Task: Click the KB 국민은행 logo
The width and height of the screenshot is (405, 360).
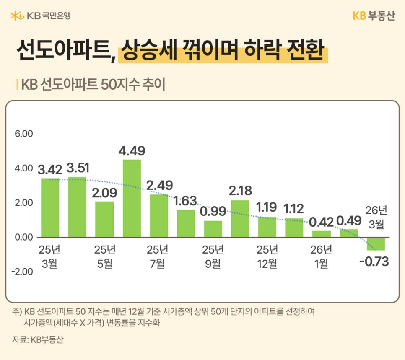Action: point(40,16)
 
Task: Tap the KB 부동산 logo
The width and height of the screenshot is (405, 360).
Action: point(374,16)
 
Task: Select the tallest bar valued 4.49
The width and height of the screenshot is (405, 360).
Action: point(132,198)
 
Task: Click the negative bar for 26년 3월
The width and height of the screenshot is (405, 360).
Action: point(376,243)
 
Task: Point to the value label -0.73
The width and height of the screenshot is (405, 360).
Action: point(374,262)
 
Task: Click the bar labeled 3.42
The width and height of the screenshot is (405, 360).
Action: point(50,207)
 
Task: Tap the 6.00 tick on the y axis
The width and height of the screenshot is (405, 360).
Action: point(24,134)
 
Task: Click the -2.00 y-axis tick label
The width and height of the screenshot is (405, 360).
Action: point(23,271)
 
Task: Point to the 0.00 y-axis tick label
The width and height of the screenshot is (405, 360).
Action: point(24,237)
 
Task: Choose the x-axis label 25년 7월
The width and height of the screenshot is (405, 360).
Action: point(158,256)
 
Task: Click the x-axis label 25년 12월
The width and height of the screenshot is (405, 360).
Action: point(267,256)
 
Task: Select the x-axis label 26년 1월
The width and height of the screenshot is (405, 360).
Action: point(321,256)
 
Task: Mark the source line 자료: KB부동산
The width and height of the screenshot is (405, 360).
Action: point(38,339)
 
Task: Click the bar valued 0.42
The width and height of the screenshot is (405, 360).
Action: point(322,233)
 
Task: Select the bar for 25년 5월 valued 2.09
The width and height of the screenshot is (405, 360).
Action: point(104,219)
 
